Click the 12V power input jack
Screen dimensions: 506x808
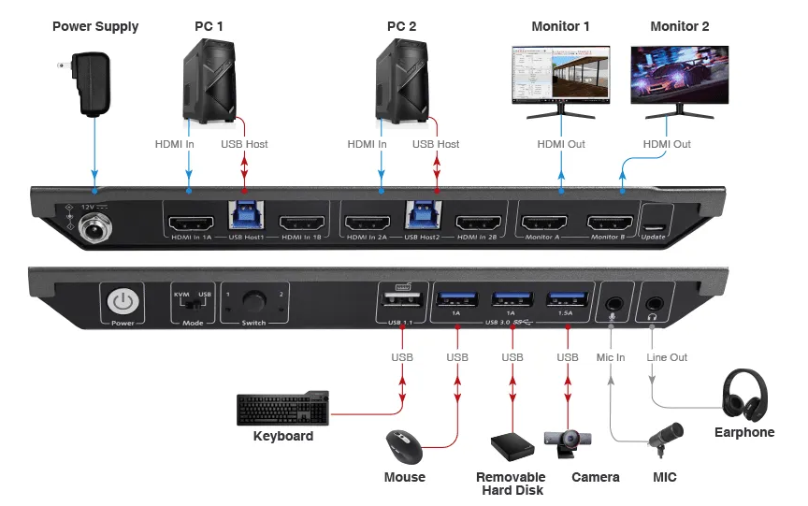point(94,225)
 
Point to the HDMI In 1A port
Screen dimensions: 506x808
point(190,224)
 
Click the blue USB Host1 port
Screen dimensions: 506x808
point(245,216)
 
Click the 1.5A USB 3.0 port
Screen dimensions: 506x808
point(566,300)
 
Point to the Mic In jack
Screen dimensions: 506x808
point(613,303)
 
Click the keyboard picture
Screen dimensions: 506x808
point(283,409)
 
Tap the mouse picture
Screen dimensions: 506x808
point(404,446)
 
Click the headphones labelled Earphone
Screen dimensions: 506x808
point(744,395)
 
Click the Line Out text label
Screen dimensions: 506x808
point(666,357)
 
